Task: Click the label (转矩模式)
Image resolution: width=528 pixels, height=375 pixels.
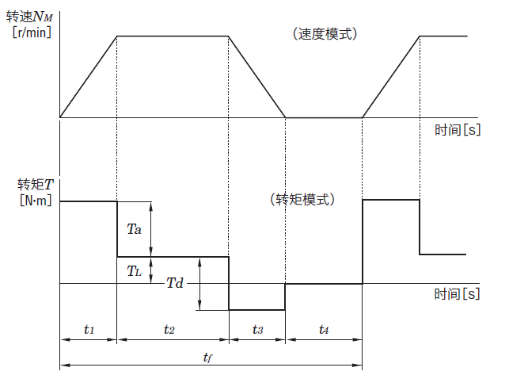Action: pyautogui.click(x=302, y=199)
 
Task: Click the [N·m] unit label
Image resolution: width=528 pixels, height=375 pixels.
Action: pyautogui.click(x=34, y=201)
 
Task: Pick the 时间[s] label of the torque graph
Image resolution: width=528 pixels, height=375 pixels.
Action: pyautogui.click(x=458, y=293)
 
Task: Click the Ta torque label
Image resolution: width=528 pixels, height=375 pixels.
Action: pyautogui.click(x=134, y=229)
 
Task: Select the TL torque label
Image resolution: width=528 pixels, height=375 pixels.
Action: pyautogui.click(x=134, y=270)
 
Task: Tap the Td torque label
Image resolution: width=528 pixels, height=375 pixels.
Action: pyautogui.click(x=175, y=283)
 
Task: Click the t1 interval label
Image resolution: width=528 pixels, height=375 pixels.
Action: pyautogui.click(x=89, y=328)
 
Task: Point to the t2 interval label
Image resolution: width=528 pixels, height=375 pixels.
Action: pyautogui.click(x=169, y=328)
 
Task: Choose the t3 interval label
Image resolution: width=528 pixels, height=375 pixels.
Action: pyautogui.click(x=257, y=328)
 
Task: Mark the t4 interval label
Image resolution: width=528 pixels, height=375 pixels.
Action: pyautogui.click(x=324, y=328)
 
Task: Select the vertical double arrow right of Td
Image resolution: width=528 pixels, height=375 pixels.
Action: pyautogui.click(x=200, y=283)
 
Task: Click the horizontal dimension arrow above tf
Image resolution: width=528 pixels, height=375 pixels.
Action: pyautogui.click(x=211, y=365)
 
